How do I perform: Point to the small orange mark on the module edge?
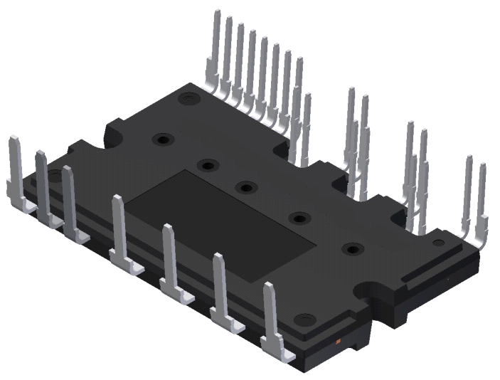tap(338, 344)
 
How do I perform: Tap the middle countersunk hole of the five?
tap(246, 187)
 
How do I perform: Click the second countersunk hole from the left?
tap(207, 165)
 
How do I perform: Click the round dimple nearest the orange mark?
tap(306, 319)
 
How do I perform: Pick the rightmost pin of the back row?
tap(482, 192)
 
